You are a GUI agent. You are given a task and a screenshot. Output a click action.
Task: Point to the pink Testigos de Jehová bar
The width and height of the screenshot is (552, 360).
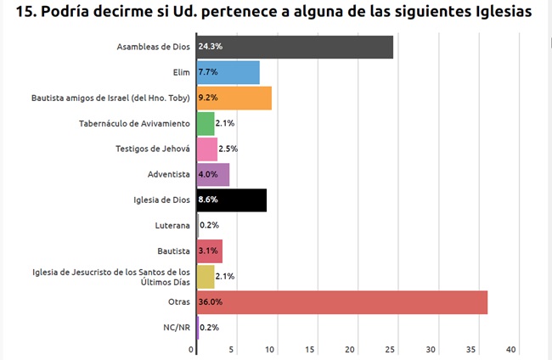[206, 149]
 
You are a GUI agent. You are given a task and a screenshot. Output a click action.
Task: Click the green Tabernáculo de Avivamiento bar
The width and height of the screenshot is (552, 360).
[205, 124]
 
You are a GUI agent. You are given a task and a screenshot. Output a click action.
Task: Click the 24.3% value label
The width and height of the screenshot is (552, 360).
[210, 48]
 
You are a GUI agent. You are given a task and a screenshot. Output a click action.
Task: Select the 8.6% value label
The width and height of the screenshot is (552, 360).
[207, 200]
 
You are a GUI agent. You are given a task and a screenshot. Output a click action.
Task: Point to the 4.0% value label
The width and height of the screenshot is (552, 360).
[207, 175]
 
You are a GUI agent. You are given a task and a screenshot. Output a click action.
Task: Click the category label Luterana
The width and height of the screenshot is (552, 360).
[173, 226]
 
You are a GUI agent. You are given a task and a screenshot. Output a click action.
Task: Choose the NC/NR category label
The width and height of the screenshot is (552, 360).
[176, 327]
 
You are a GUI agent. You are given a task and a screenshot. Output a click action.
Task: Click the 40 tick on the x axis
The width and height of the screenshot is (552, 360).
[511, 350]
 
